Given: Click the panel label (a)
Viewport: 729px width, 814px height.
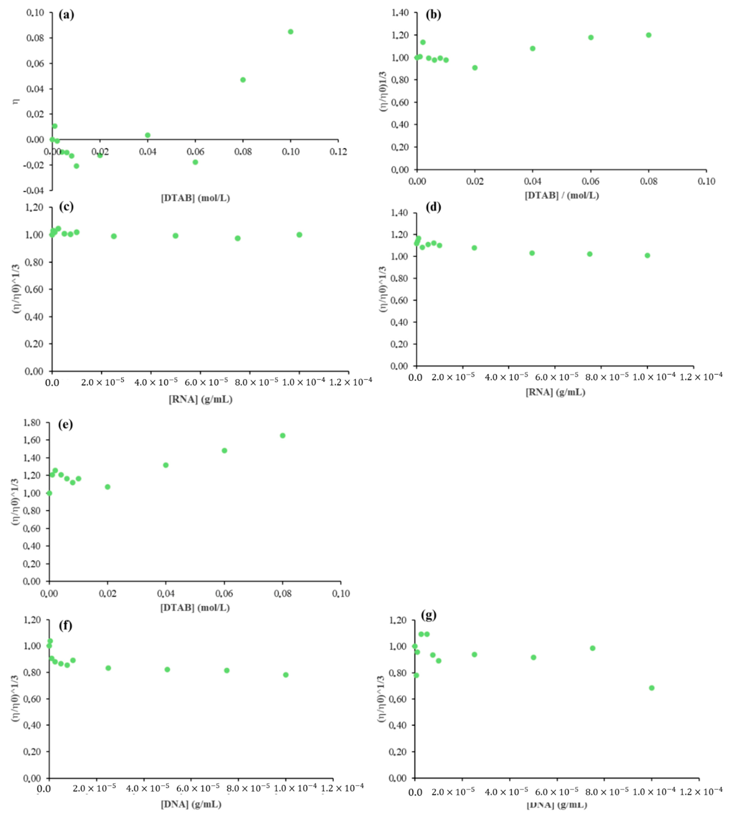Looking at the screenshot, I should (x=66, y=15).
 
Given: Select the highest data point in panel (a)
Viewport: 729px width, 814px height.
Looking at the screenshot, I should (x=290, y=32).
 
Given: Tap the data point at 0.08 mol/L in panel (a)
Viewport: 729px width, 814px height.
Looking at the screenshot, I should (x=243, y=80).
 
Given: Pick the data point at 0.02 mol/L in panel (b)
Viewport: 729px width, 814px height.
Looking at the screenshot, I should (x=475, y=68).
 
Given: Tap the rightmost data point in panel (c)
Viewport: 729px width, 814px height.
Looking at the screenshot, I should (x=299, y=235).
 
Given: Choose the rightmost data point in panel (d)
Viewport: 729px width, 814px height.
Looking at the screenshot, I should (x=647, y=256).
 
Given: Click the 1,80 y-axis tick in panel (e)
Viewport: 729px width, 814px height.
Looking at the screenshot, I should (x=32, y=423).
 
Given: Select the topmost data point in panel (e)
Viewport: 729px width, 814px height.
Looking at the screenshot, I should (x=282, y=435).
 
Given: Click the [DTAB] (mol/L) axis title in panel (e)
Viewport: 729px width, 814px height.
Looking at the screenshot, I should (x=195, y=608).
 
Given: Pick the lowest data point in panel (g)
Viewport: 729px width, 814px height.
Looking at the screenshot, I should (x=651, y=688).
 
